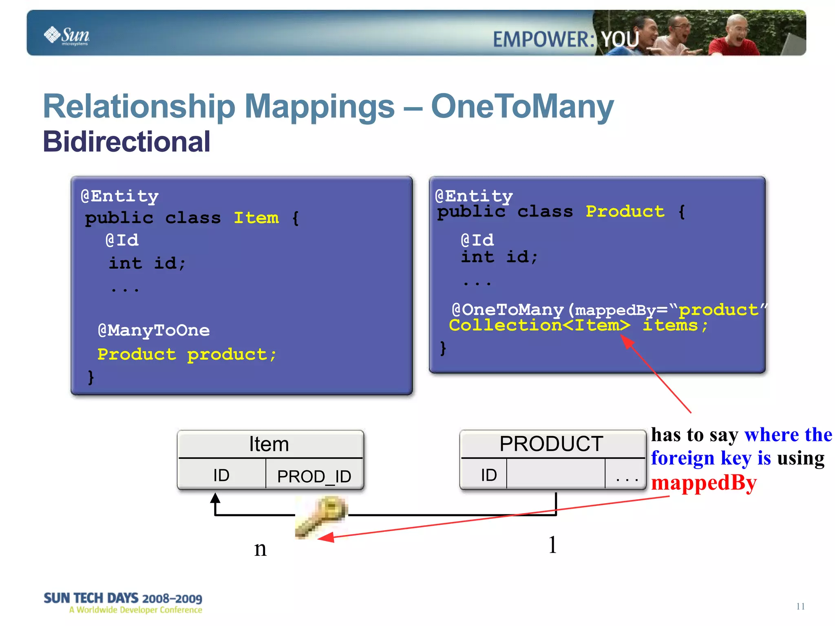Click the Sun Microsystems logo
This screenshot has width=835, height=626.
pos(67,35)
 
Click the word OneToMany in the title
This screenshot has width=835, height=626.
pos(522,106)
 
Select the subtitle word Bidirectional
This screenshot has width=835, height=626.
pos(126,142)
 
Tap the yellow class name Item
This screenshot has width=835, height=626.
pos(256,218)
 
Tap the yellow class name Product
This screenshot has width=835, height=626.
pos(625,211)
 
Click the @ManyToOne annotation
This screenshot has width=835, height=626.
pos(154,330)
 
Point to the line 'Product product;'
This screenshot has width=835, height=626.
pos(186,354)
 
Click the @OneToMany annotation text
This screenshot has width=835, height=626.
pos(508,310)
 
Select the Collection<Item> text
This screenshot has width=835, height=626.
pos(539,325)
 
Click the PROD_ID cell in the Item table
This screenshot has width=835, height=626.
pos(314,476)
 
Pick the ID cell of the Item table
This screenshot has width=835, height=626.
pos(221,475)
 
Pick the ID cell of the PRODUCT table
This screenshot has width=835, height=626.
pos(488,475)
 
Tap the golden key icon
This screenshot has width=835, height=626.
pos(321,516)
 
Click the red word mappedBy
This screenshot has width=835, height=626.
pos(704,483)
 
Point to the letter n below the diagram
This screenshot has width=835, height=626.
pos(260,549)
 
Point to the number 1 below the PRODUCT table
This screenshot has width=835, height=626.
pos(552,545)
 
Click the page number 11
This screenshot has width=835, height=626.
pos(800,606)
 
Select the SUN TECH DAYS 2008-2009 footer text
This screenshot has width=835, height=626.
pos(123,598)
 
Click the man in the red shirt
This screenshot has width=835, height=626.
pos(734,39)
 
